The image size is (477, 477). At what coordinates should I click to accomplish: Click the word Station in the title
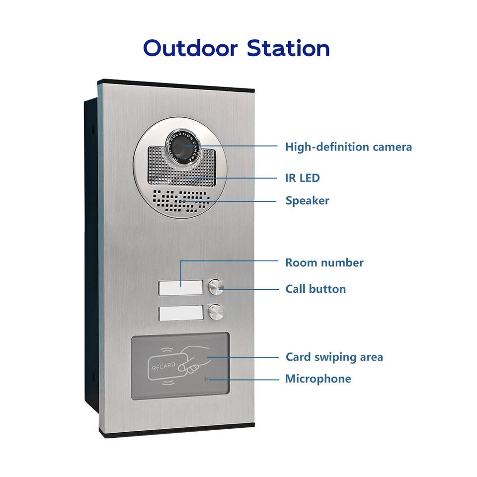pos(288,48)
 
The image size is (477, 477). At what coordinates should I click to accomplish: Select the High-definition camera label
pos(348,147)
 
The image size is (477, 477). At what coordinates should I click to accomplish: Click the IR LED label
pos(302,177)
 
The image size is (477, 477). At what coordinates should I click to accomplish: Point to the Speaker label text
pos(307,201)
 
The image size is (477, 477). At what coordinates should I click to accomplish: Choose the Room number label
pos(324,262)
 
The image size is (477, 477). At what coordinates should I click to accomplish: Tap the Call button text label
pos(316,289)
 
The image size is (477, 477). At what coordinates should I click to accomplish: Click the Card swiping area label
pos(334,357)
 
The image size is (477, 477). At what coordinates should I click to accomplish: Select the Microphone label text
pos(318,379)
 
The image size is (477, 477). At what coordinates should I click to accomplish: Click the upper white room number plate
pos(181,288)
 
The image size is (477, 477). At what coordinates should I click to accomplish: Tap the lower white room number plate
pos(181,313)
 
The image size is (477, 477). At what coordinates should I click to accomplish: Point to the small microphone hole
pos(206,379)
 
